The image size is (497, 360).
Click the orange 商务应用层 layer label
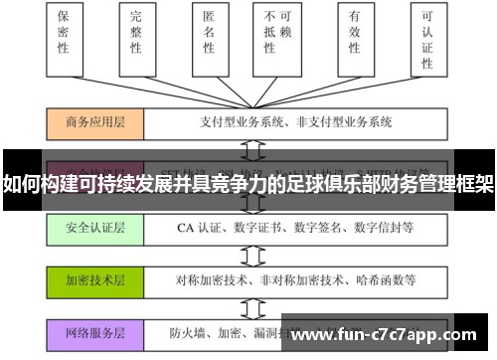[95, 123]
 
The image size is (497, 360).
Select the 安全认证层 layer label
[95, 228]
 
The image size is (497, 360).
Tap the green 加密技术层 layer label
[95, 279]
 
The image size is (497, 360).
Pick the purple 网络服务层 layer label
[95, 332]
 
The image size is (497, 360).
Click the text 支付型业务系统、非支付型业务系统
[283, 123]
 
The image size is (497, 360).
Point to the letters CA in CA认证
[185, 228]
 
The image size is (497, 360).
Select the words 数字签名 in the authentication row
[326, 228]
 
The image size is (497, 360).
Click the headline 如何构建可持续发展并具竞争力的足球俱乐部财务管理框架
[248, 184]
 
